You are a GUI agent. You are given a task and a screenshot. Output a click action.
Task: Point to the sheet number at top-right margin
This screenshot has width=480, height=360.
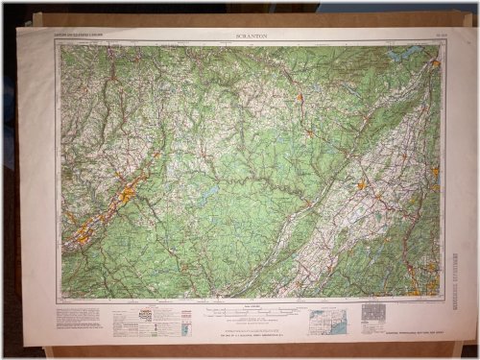coord(428,36)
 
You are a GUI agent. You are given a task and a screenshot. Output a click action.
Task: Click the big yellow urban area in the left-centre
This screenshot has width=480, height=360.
coord(128,197)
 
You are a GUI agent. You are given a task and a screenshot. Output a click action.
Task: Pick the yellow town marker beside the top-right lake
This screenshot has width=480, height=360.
coord(433,64)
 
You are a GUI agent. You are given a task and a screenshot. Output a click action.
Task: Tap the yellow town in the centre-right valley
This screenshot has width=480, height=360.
coord(362,185)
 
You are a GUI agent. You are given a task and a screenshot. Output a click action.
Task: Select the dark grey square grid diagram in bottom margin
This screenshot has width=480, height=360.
coord(372,313)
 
